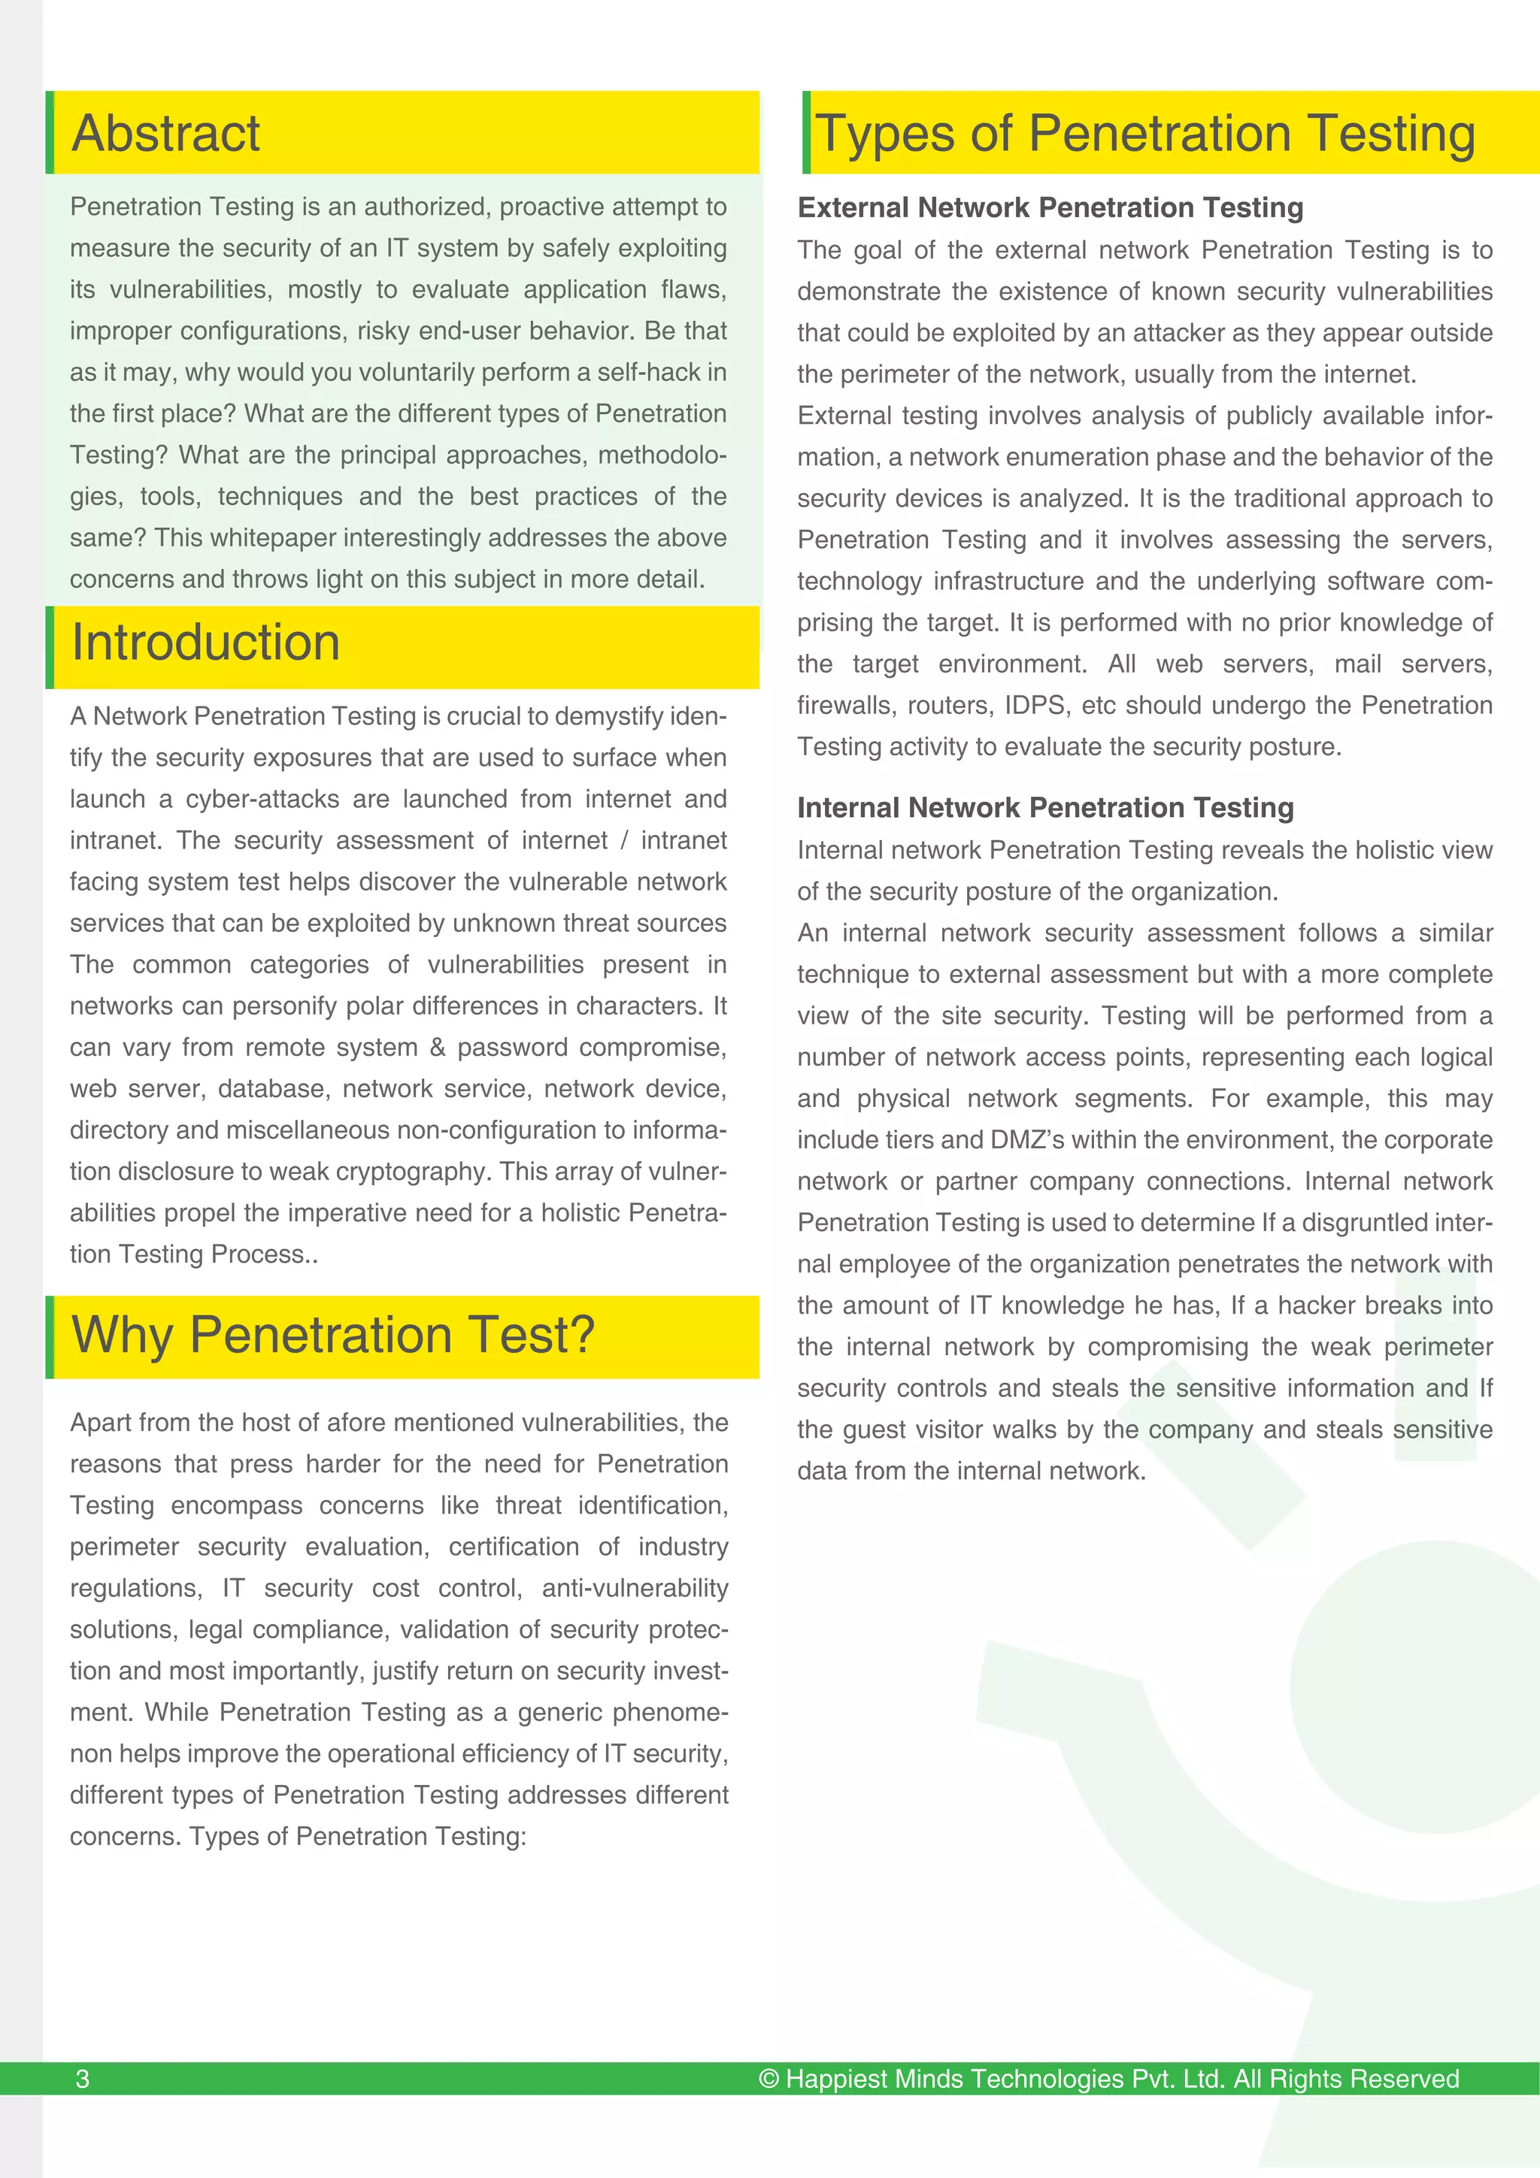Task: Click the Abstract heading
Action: coord(165,133)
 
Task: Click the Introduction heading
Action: coord(205,643)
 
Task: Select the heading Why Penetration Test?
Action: coord(333,1335)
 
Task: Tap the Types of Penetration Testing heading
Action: coord(1145,133)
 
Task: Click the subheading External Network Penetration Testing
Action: coord(1050,207)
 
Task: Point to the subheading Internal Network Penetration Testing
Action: coord(1044,807)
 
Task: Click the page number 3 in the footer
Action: coord(83,2078)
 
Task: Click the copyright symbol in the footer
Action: coord(768,2078)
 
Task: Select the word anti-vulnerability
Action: coord(635,1588)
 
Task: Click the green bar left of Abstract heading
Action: coord(50,133)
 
